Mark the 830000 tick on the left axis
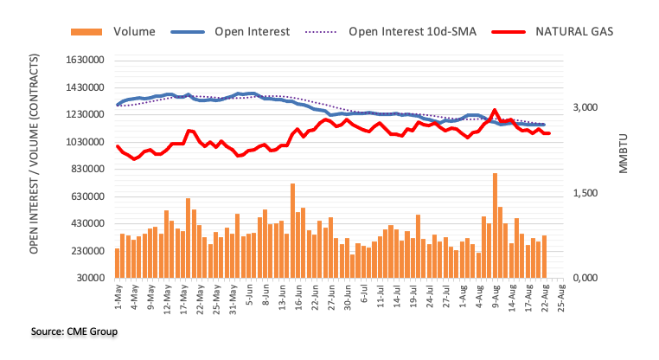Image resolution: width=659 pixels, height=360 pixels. click(85, 170)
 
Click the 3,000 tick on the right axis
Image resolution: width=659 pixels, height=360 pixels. click(585, 108)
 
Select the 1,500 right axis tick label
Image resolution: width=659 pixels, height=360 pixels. click(585, 193)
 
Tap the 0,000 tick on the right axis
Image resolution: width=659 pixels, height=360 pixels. click(585, 279)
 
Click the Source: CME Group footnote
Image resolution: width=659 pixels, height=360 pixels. click(61, 331)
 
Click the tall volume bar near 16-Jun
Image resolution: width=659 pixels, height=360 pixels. click(293, 230)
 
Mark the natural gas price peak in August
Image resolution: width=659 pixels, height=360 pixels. click(494, 111)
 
